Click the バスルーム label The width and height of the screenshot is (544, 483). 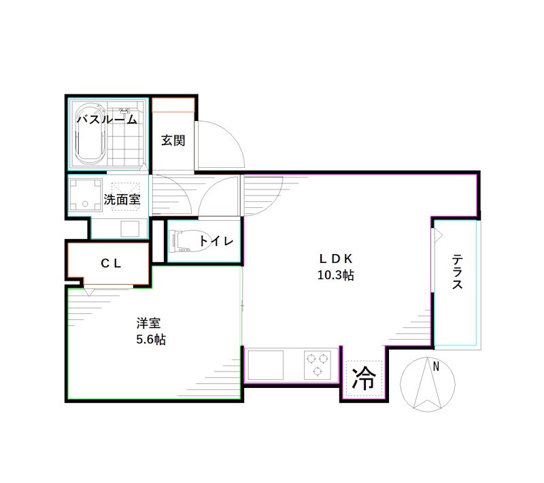[106, 120]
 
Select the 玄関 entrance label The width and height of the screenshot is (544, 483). [173, 141]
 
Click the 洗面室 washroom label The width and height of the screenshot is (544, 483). [122, 200]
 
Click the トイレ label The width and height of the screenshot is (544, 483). [217, 241]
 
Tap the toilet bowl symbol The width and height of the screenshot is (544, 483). [183, 241]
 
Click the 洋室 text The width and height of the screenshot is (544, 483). [148, 323]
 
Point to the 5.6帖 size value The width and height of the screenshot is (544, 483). [150, 339]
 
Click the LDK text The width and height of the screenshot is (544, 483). [335, 259]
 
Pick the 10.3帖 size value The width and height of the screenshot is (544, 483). [335, 275]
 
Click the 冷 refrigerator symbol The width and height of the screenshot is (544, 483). [364, 378]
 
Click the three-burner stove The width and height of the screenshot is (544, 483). [318, 364]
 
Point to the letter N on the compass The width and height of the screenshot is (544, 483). [436, 368]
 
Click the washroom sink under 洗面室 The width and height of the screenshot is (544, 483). [129, 228]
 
